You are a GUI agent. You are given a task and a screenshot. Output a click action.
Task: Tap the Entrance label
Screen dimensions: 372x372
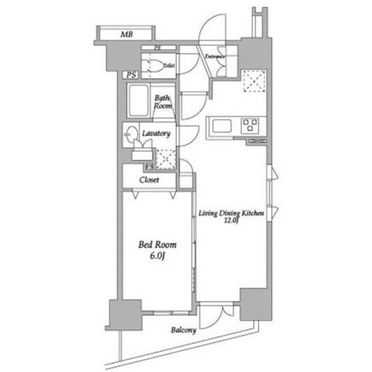pyautogui.click(x=215, y=57)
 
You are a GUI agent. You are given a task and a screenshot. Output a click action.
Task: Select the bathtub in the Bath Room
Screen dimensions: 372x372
pyautogui.click(x=139, y=101)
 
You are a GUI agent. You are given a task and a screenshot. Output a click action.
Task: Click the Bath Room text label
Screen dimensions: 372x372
pyautogui.click(x=162, y=103)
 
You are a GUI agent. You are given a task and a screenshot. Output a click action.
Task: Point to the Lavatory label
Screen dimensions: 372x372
pyautogui.click(x=156, y=133)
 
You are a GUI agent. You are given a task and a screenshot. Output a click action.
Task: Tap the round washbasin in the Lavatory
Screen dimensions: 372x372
pyautogui.click(x=131, y=133)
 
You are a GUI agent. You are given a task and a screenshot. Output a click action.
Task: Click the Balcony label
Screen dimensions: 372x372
pyautogui.click(x=184, y=329)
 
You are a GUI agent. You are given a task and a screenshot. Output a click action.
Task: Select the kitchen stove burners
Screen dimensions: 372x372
pyautogui.click(x=251, y=124)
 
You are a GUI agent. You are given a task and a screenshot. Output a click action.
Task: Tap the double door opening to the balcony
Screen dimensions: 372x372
pyautogui.click(x=215, y=315)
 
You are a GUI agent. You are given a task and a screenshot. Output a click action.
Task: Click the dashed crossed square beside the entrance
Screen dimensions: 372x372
pyautogui.click(x=252, y=80)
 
